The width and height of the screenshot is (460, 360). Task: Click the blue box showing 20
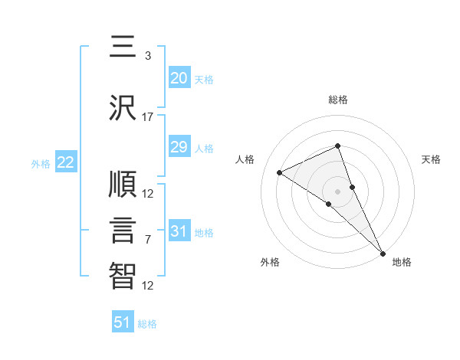[179, 78]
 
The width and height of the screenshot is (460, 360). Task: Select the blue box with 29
[179, 147]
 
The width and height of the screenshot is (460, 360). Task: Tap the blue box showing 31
[179, 231]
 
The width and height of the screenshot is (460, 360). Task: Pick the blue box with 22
[65, 162]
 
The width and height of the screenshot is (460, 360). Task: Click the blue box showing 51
[123, 322]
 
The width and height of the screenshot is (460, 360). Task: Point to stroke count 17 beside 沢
[148, 117]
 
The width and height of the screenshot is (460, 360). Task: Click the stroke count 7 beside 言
[148, 240]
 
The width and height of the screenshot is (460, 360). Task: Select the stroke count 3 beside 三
[148, 56]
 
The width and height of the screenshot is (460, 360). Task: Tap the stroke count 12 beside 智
[148, 286]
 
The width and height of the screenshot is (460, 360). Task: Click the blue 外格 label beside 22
[41, 163]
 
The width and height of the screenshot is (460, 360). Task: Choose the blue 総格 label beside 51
[147, 324]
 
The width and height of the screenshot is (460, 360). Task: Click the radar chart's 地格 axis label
[402, 262]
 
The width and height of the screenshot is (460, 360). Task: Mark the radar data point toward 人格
[279, 172]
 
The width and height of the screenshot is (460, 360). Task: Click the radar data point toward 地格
[383, 254]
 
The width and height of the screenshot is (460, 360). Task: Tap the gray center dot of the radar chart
[337, 191]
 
